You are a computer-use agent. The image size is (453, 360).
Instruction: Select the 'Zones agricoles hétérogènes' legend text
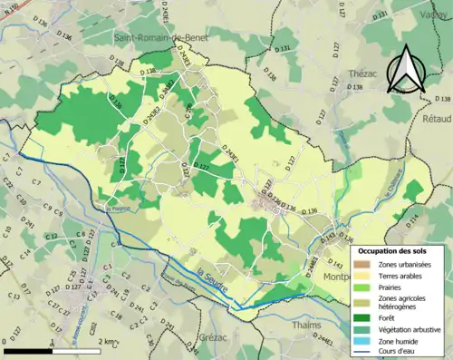(408, 302)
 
